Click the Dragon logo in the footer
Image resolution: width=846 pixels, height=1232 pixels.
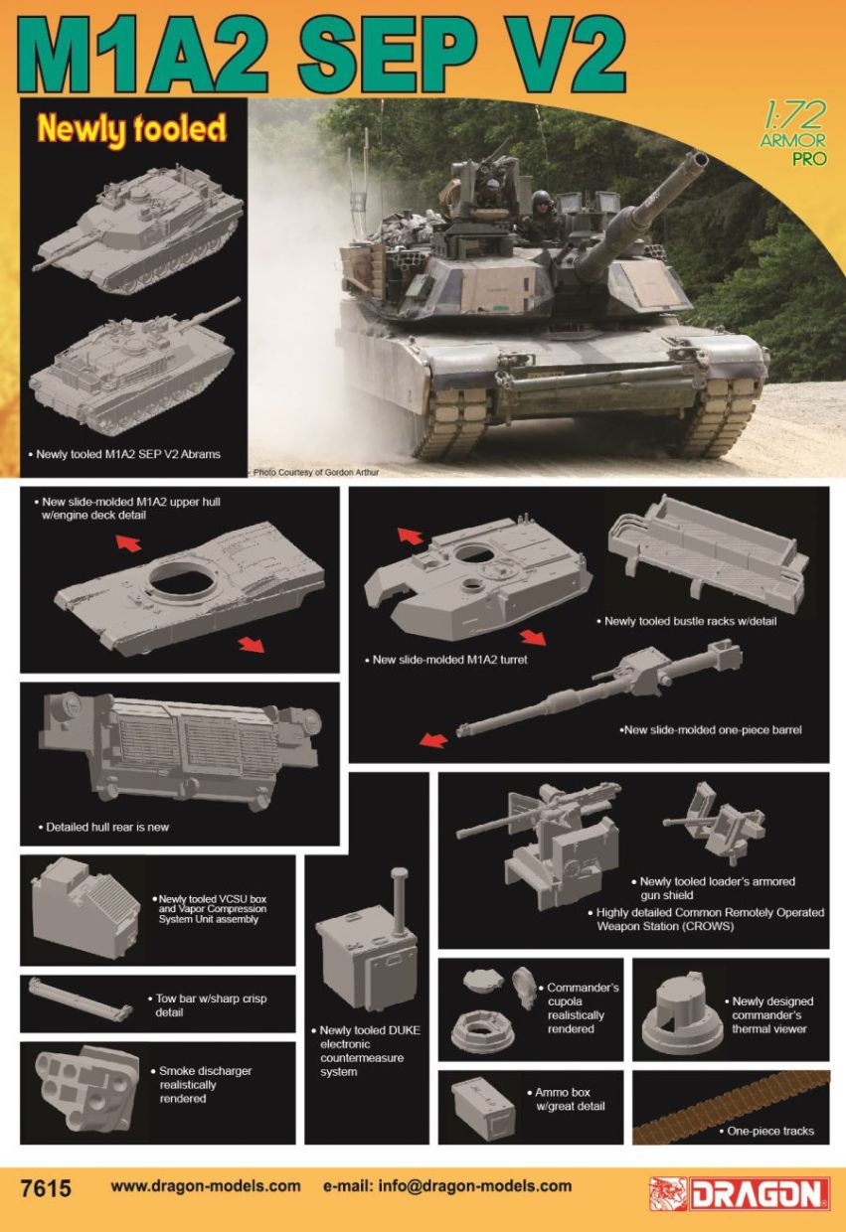[740, 1193]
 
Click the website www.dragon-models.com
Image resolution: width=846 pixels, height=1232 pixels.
[206, 1185]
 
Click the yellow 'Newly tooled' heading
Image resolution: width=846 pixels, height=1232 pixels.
[132, 128]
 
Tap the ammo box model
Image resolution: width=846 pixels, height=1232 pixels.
[483, 1106]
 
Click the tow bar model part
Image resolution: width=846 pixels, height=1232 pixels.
[81, 1000]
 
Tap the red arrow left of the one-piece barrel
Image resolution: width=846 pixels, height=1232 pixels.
[431, 740]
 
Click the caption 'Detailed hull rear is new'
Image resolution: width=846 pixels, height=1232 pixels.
[107, 827]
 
